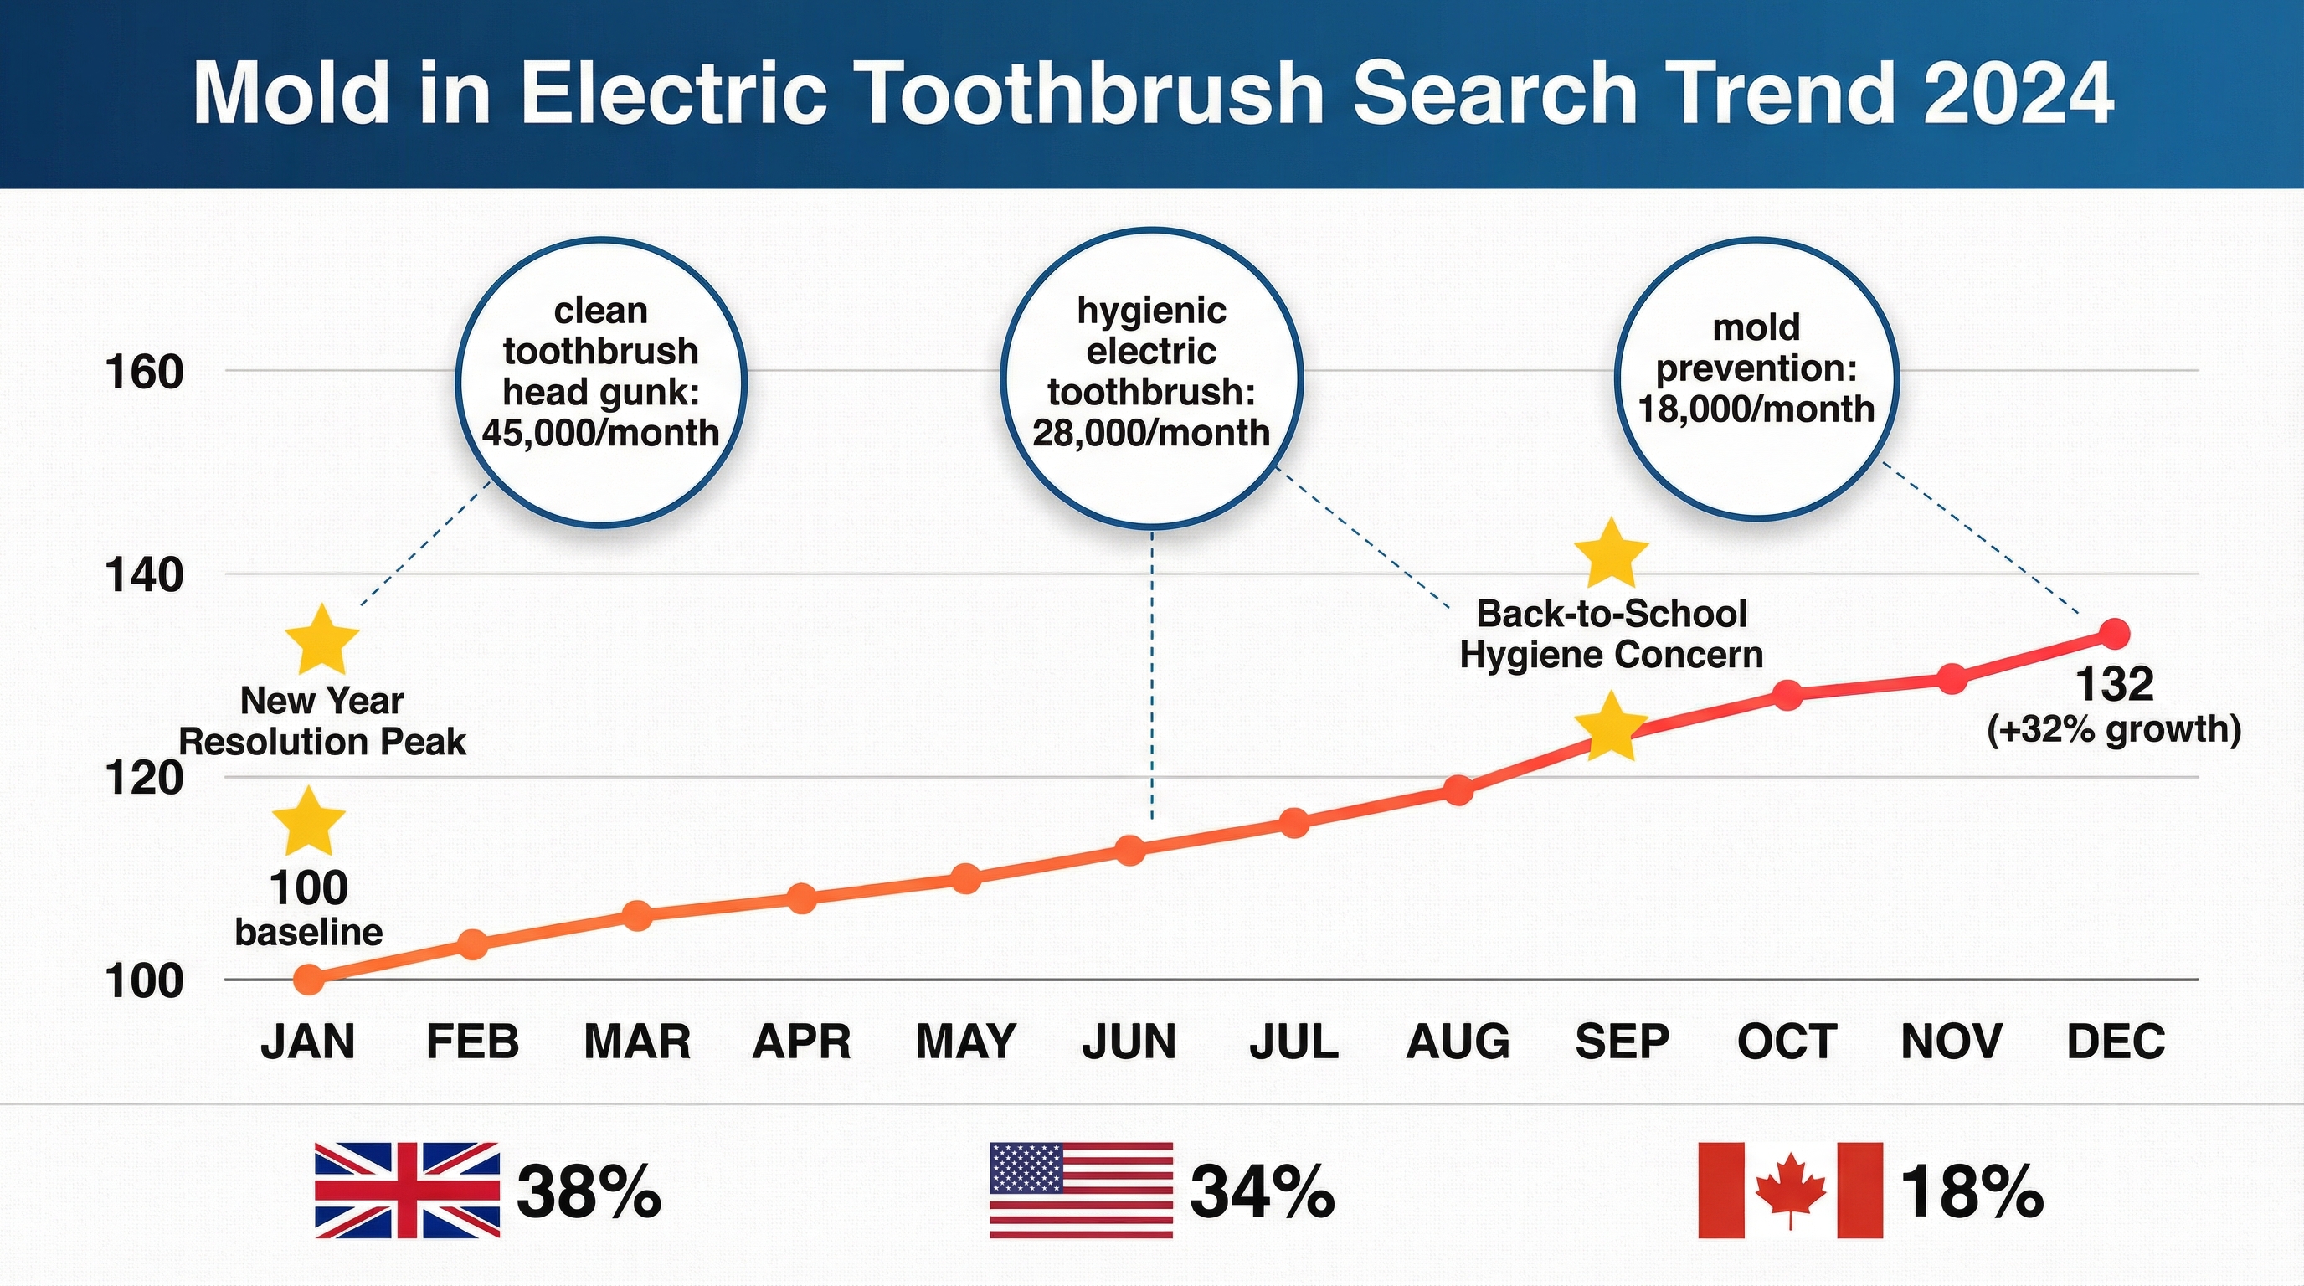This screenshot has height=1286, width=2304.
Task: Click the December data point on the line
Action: click(x=2115, y=634)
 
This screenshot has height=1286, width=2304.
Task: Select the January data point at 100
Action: click(x=309, y=980)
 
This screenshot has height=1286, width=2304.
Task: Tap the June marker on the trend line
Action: click(x=1130, y=850)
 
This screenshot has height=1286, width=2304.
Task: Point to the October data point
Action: click(x=1787, y=695)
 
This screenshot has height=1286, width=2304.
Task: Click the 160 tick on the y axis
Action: click(x=144, y=372)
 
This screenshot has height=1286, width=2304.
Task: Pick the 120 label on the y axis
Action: click(x=144, y=778)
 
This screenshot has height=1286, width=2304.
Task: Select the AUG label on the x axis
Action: click(x=1458, y=1042)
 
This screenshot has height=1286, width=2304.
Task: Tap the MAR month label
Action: click(x=637, y=1042)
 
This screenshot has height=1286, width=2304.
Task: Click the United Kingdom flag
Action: click(x=407, y=1191)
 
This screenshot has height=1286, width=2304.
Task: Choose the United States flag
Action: click(x=1081, y=1191)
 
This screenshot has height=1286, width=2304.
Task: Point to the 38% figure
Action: click(x=589, y=1192)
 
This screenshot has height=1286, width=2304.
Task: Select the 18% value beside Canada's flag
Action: click(x=1972, y=1192)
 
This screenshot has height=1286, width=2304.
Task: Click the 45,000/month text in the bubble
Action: click(x=600, y=434)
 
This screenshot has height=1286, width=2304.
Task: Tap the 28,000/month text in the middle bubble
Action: click(x=1151, y=434)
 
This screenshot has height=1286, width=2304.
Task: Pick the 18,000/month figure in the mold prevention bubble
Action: click(x=1756, y=409)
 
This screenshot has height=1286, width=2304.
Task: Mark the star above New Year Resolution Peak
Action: click(x=322, y=640)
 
